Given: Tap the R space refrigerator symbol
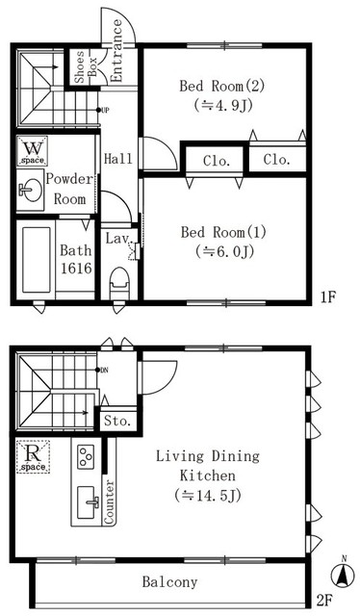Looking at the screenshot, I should [x=33, y=457].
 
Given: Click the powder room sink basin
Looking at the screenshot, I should [x=27, y=189].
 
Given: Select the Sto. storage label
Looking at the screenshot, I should [x=119, y=421].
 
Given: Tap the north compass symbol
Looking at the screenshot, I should [x=341, y=576].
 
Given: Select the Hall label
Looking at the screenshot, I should [x=118, y=159].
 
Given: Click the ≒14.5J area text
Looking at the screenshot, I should [x=200, y=497].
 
